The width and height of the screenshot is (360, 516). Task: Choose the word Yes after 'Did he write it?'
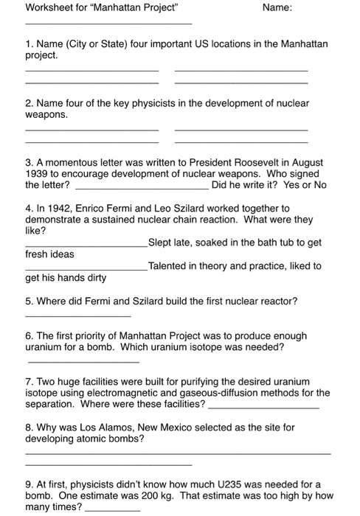coord(290,185)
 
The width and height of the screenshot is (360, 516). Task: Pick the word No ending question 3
coord(319,185)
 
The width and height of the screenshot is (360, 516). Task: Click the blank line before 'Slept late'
coord(86,246)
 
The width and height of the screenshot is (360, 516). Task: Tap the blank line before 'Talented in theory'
coord(86,270)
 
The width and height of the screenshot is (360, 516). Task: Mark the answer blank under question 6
coord(83,363)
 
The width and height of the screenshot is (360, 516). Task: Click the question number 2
coord(29,104)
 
